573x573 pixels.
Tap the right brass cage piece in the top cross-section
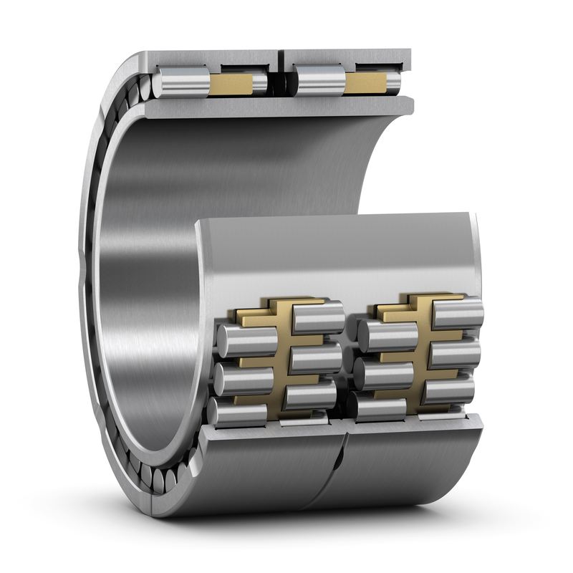click(365, 83)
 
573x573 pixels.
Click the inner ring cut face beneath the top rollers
click(279, 107)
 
